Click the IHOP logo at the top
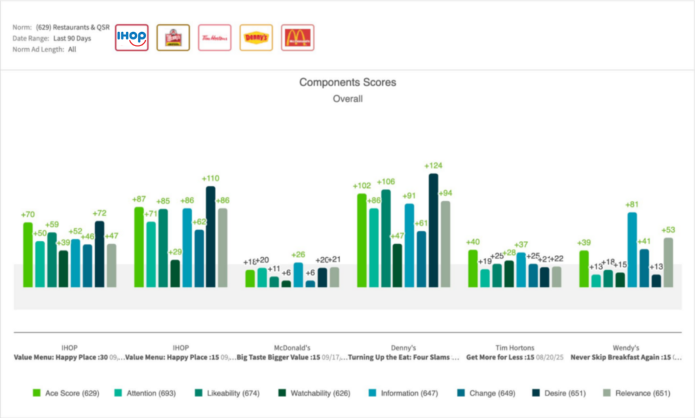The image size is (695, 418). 132,37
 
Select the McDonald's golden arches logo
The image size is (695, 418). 297,37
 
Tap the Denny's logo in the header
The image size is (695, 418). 256,37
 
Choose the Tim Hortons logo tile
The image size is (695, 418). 214,37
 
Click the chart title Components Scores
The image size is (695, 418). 347,82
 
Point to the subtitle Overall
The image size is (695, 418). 347,98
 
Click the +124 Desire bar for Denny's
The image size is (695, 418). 433,231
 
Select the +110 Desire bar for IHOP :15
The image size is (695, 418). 210,237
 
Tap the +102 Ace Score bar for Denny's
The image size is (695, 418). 362,240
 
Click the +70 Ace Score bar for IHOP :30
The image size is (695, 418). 28,254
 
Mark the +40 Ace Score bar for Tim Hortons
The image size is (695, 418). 472,269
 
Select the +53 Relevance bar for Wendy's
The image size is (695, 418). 669,263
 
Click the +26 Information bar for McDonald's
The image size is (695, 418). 298,275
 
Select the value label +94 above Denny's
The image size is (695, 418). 445,193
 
